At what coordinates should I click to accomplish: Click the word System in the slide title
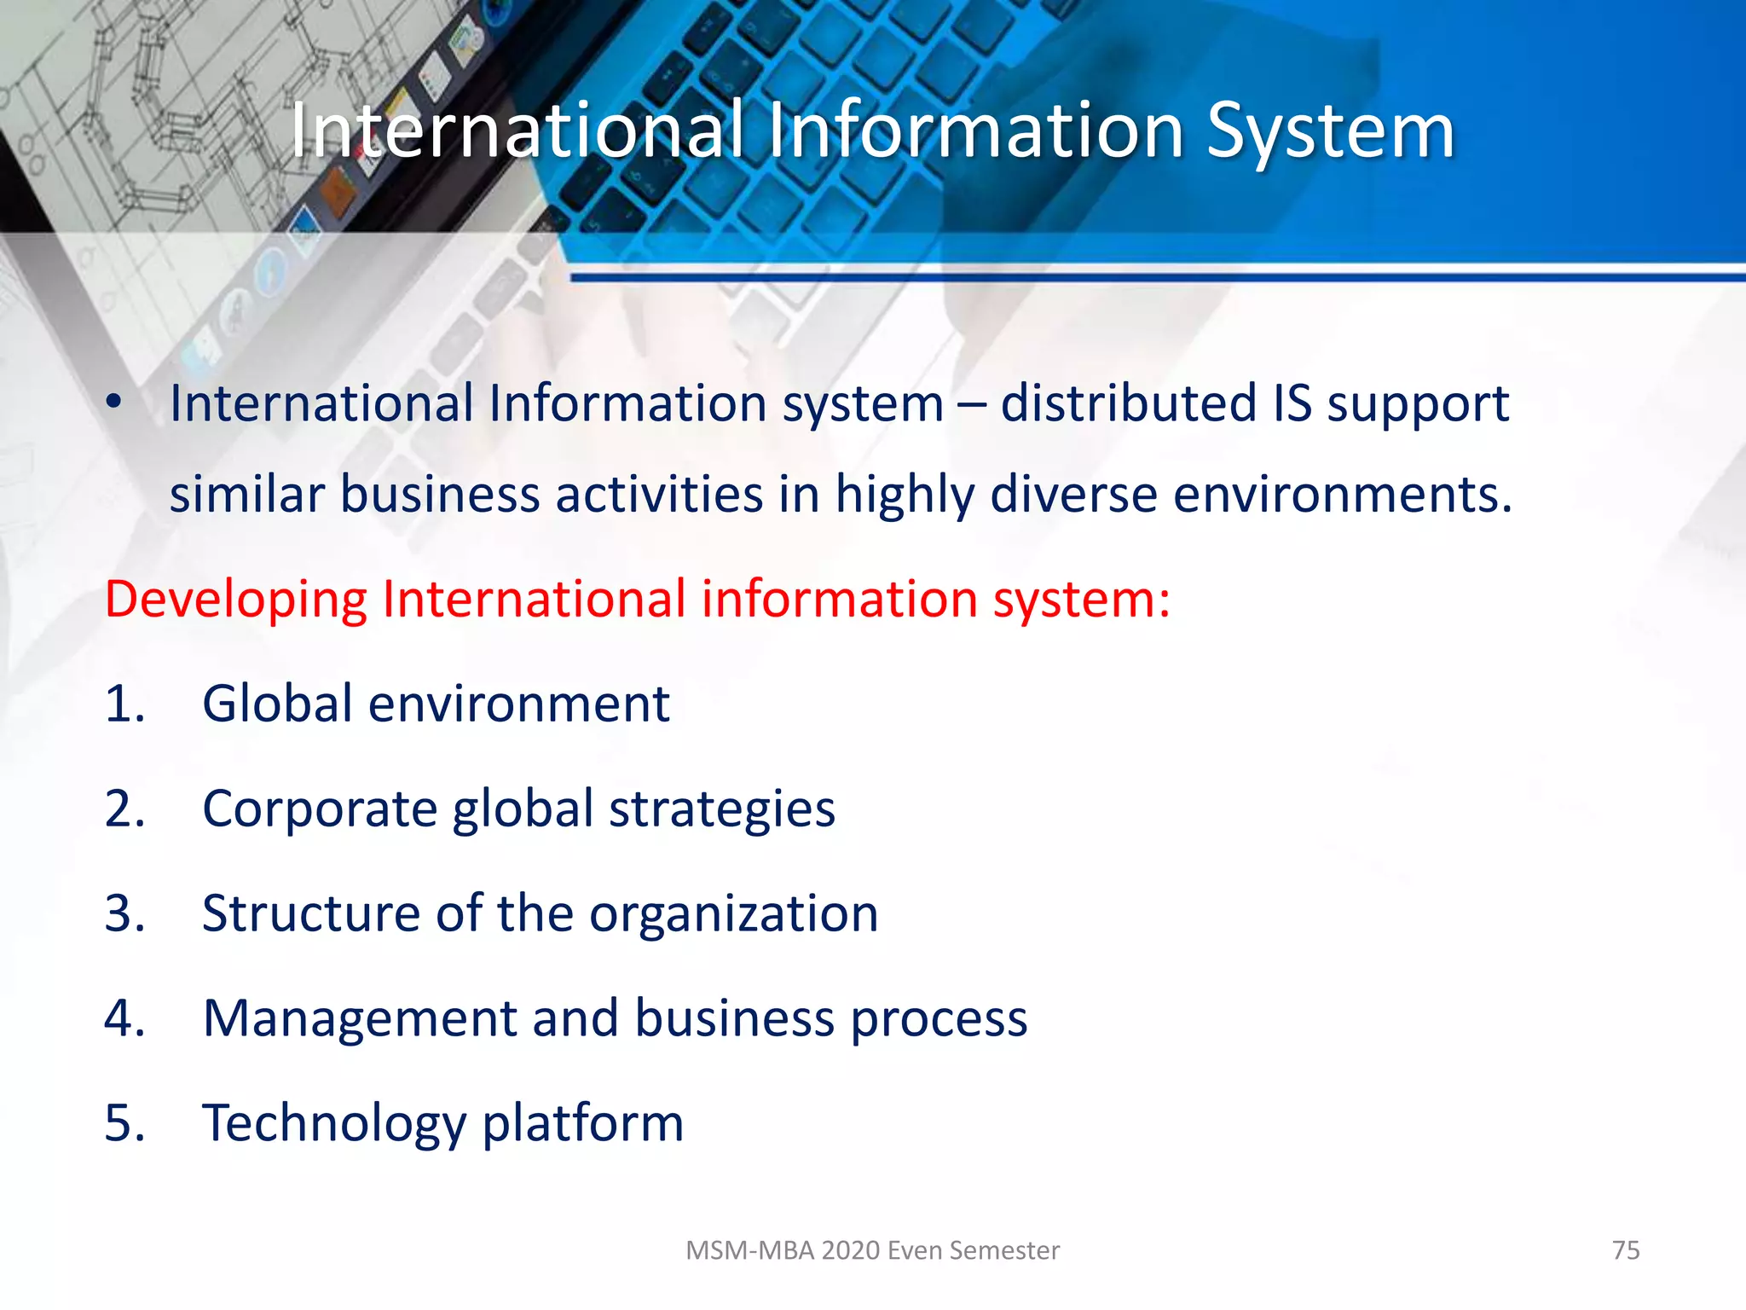click(1330, 132)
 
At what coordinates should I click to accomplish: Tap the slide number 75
click(1626, 1250)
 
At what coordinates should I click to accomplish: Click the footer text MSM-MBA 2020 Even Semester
click(872, 1250)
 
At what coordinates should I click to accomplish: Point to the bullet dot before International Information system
click(114, 402)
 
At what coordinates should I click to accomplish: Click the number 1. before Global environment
click(124, 704)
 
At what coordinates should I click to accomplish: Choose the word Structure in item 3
click(311, 913)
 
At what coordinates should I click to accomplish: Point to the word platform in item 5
click(583, 1124)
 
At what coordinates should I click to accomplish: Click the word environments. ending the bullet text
click(1343, 495)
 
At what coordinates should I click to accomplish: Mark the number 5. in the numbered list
click(124, 1123)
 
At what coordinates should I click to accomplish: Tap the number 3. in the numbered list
click(124, 913)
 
